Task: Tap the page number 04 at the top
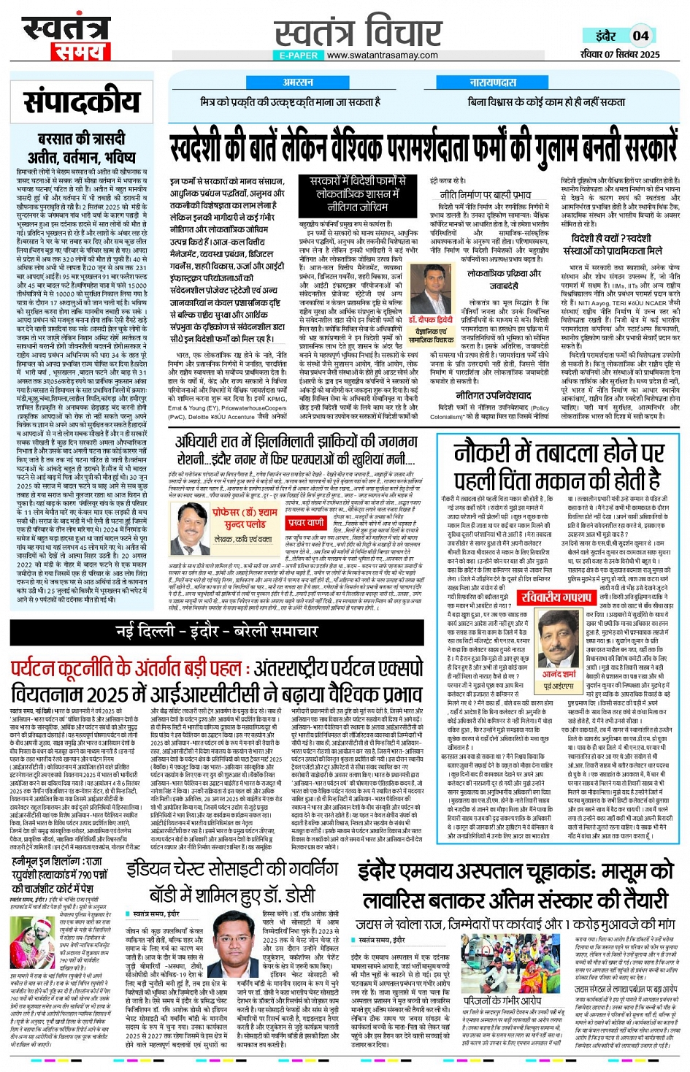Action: click(x=640, y=35)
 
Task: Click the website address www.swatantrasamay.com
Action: click(x=382, y=55)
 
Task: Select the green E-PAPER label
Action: click(x=299, y=55)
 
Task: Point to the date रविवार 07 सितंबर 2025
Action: click(x=620, y=54)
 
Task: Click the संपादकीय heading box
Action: click(x=81, y=102)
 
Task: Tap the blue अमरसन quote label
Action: click(x=297, y=83)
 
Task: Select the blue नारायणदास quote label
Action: click(x=492, y=83)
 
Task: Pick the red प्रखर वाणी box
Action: click(x=305, y=523)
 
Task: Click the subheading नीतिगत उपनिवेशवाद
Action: click(x=494, y=396)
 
